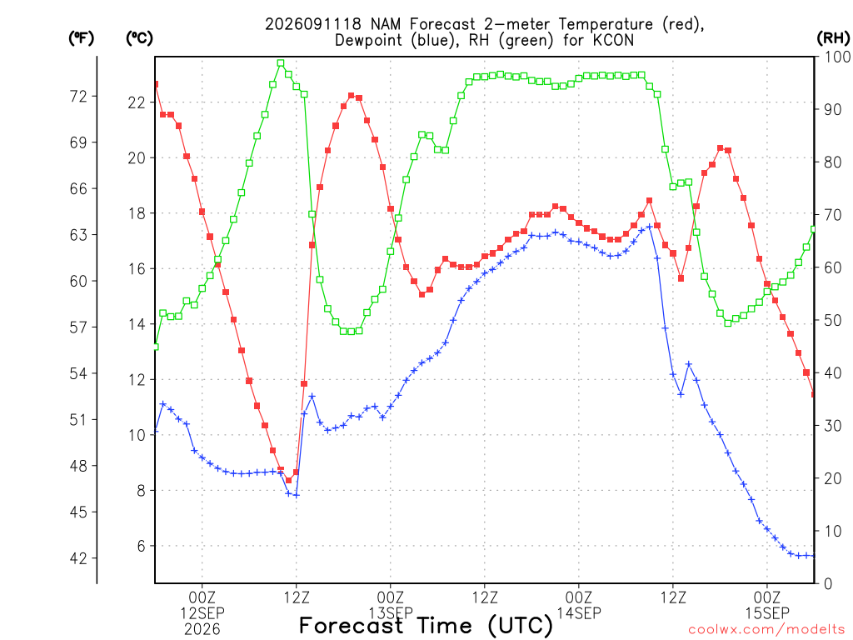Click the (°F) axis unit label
click(x=81, y=38)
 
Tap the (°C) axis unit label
click(x=139, y=38)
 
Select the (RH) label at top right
click(x=833, y=37)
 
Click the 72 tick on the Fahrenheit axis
click(x=78, y=97)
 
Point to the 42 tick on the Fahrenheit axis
click(x=78, y=558)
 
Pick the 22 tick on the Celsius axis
click(x=137, y=102)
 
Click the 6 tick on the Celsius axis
click(x=140, y=546)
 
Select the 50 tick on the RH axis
click(x=833, y=321)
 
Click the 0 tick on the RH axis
click(x=828, y=584)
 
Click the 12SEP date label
click(x=202, y=613)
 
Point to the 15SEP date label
click(x=767, y=613)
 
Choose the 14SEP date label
click(x=579, y=613)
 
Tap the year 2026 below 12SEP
click(x=202, y=630)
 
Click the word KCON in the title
click(x=616, y=41)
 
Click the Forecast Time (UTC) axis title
click(x=426, y=626)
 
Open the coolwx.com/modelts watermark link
click(x=767, y=630)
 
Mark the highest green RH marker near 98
click(x=281, y=63)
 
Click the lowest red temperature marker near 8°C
click(x=289, y=480)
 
